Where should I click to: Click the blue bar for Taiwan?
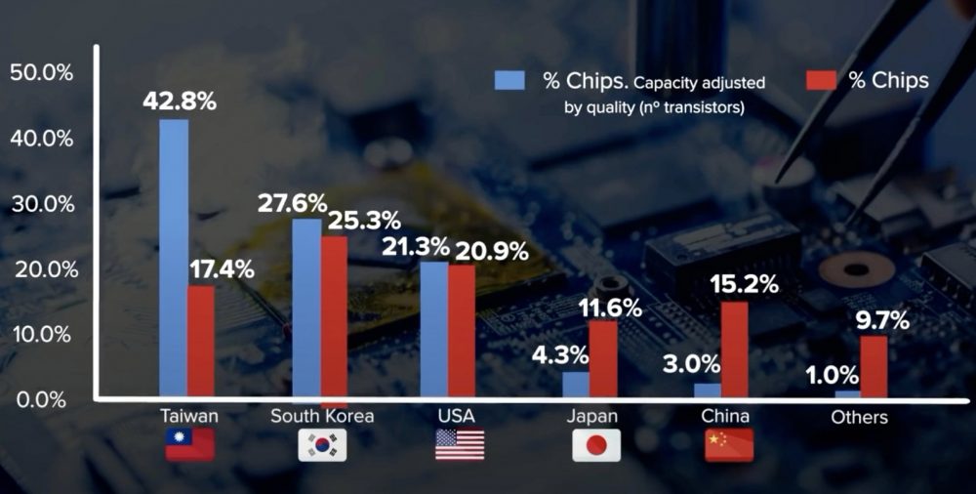click(174, 258)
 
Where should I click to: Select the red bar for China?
click(734, 350)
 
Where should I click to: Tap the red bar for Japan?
click(603, 359)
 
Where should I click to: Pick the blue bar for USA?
click(433, 330)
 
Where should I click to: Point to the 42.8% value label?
click(179, 102)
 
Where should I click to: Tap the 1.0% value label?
click(832, 374)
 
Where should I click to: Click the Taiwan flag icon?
click(189, 444)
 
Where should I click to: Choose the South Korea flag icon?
click(322, 444)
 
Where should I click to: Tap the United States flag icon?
click(459, 444)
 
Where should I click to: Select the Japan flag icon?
click(596, 444)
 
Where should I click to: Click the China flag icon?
click(729, 444)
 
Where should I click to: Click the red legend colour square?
click(822, 79)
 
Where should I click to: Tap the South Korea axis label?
click(322, 416)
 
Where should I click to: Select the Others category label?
click(859, 417)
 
